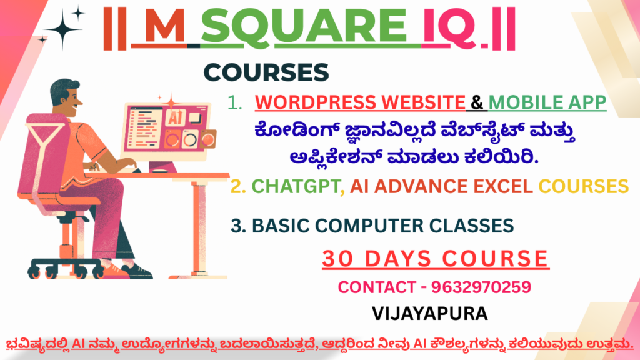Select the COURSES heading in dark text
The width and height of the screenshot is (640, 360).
coord(266,72)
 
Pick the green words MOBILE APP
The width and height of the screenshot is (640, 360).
coord(547,102)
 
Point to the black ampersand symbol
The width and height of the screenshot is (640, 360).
coord(477,102)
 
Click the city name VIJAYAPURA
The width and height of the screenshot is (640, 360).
coord(430,314)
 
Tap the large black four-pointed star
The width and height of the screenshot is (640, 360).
coord(63,29)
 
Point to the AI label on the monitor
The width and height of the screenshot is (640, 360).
coord(176,117)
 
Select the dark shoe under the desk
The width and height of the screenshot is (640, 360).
coord(137,271)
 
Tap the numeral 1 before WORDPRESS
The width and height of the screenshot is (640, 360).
coord(234,102)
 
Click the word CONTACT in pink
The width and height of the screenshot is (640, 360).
coord(377,287)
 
